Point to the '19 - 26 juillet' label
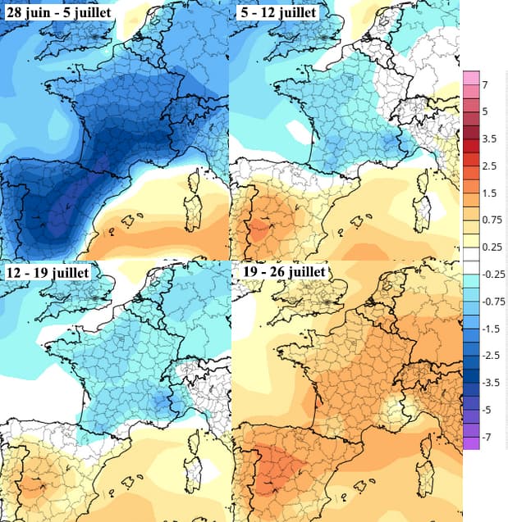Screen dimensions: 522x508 280,271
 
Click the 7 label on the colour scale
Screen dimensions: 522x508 485,85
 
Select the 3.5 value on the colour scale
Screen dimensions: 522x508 488,139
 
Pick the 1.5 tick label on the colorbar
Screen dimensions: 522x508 488,193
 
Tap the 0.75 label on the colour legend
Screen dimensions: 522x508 491,220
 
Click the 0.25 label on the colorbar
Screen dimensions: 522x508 491,247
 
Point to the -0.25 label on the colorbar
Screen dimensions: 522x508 492,274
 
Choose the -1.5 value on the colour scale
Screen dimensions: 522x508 490,328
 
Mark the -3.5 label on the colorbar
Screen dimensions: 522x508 490,382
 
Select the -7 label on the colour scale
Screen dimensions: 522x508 487,437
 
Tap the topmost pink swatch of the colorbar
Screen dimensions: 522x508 471,78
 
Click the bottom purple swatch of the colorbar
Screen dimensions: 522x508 471,443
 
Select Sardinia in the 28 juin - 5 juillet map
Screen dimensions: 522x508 197,215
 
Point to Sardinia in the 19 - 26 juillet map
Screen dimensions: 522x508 425,475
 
